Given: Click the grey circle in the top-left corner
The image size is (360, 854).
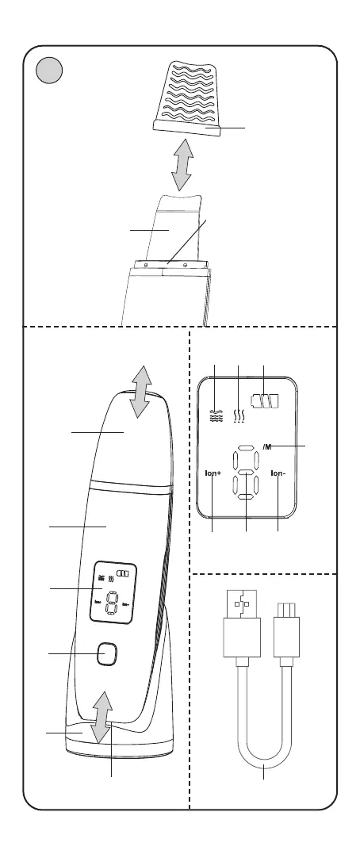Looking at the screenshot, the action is pyautogui.click(x=49, y=71).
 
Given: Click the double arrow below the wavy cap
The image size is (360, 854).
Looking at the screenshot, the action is pyautogui.click(x=182, y=164).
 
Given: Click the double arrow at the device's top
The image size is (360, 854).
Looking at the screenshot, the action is pyautogui.click(x=141, y=393).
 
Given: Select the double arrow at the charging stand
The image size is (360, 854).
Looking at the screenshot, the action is pyautogui.click(x=101, y=718).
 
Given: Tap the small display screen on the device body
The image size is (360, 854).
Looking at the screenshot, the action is pyautogui.click(x=113, y=592).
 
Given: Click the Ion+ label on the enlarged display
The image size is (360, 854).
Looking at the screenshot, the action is pyautogui.click(x=213, y=473).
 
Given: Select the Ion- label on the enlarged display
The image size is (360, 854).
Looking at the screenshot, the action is pyautogui.click(x=278, y=473).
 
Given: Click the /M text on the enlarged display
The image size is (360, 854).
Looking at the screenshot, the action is pyautogui.click(x=267, y=447).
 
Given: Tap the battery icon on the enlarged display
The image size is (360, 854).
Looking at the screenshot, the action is pyautogui.click(x=264, y=401).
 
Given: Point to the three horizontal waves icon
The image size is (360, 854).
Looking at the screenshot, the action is pyautogui.click(x=216, y=416).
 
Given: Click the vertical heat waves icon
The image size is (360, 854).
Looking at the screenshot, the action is pyautogui.click(x=239, y=416).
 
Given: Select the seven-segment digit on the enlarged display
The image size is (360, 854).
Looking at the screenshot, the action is pyautogui.click(x=246, y=473).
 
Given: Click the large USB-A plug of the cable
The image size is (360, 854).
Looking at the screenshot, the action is pyautogui.click(x=242, y=623).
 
